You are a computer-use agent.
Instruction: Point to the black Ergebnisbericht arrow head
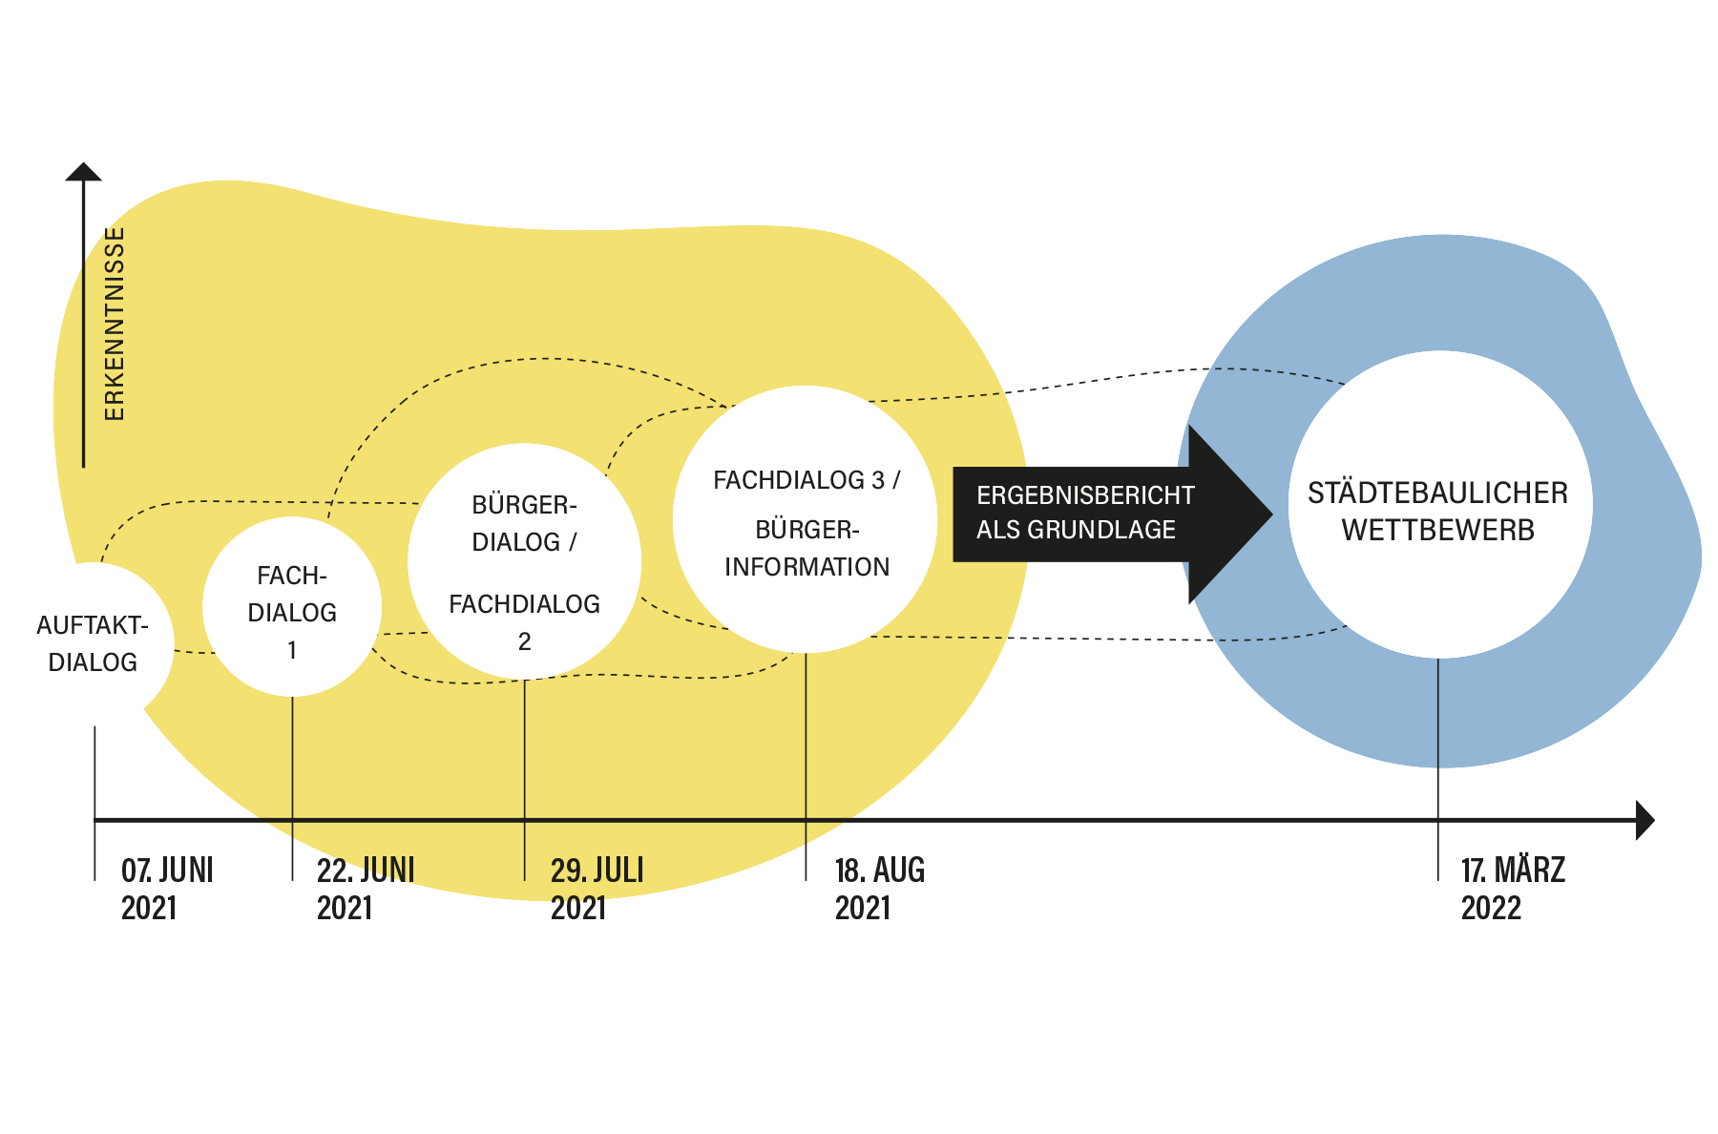[x=1231, y=514]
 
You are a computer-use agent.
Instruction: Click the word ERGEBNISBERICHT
[x=1085, y=495]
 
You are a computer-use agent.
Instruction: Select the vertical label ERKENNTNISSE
[x=115, y=325]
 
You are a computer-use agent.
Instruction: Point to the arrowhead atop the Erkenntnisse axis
[x=84, y=172]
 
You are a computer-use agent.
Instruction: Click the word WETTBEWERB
[x=1437, y=531]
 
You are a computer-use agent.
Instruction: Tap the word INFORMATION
[x=807, y=567]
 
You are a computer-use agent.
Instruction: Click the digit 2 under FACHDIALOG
[x=524, y=641]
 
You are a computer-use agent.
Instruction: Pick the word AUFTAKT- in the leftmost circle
[x=93, y=625]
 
